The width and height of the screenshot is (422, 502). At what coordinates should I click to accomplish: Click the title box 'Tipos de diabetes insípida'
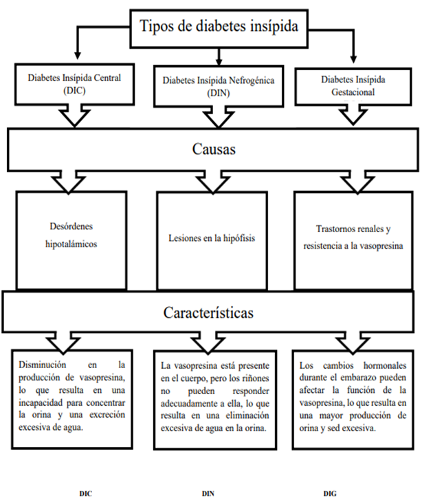tap(219, 28)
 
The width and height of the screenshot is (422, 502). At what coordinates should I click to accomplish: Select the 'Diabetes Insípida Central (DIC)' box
tap(74, 84)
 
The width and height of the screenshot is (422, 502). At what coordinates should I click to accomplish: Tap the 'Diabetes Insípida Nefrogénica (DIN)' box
tap(219, 87)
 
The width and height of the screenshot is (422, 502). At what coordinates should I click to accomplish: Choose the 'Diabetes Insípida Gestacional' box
tap(353, 87)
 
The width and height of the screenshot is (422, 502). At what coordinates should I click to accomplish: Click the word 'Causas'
tap(214, 149)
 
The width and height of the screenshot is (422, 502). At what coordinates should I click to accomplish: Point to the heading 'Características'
tap(208, 312)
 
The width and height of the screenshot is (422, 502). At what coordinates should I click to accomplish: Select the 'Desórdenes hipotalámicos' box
tap(71, 240)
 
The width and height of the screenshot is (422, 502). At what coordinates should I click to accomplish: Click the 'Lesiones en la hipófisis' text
tap(212, 238)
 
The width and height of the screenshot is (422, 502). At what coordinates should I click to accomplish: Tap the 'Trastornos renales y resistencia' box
tap(353, 240)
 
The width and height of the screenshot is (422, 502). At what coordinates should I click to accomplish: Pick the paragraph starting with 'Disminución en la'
tap(71, 396)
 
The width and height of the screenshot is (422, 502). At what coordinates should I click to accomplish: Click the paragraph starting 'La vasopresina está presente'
tap(215, 397)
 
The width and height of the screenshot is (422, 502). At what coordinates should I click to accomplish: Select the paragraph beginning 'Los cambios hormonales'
tap(353, 397)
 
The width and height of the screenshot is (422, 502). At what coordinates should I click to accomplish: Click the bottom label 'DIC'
tap(85, 494)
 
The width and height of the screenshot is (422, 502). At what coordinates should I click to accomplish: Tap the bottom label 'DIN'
tap(208, 494)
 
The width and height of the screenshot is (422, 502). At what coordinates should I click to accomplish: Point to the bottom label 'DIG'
tap(330, 494)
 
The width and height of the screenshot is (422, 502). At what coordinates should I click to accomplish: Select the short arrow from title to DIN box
tap(219, 57)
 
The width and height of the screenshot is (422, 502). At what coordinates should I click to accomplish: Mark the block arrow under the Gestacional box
tap(353, 115)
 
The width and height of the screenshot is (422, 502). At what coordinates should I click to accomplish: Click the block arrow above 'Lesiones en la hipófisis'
tap(213, 182)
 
